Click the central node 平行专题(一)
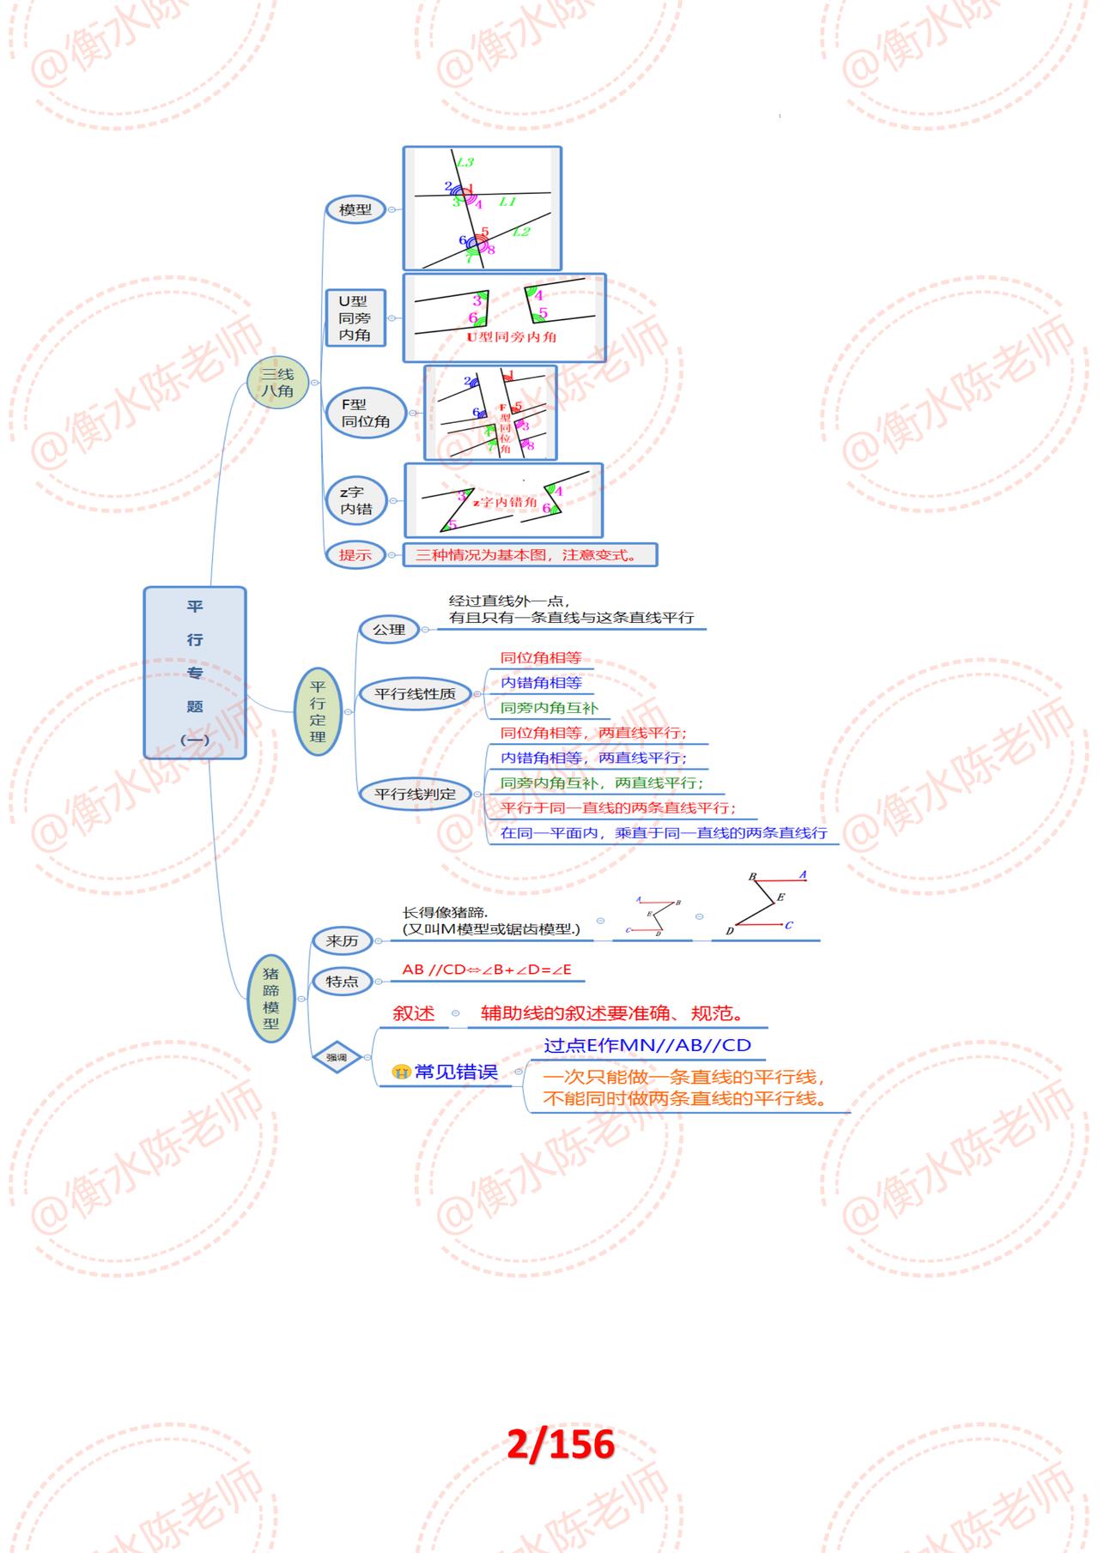click(195, 673)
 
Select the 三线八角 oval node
click(277, 383)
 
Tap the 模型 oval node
click(355, 209)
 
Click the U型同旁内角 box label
click(355, 317)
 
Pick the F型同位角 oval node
click(366, 413)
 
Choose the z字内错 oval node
click(355, 501)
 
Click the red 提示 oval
click(355, 555)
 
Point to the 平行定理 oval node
click(318, 711)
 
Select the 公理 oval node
click(388, 630)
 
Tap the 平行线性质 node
click(415, 693)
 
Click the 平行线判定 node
click(415, 794)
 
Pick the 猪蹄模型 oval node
click(271, 999)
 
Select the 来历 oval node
click(342, 941)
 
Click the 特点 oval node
click(342, 982)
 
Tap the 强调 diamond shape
click(337, 1058)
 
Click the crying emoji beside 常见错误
click(401, 1072)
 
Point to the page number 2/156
click(560, 1444)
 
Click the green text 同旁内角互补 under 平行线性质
click(549, 708)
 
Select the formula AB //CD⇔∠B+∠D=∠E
click(487, 970)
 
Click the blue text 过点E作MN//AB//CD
click(647, 1045)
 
